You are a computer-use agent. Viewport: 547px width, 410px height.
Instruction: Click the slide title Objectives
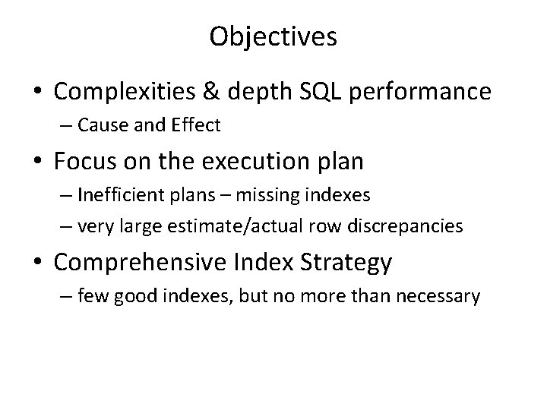[273, 37]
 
